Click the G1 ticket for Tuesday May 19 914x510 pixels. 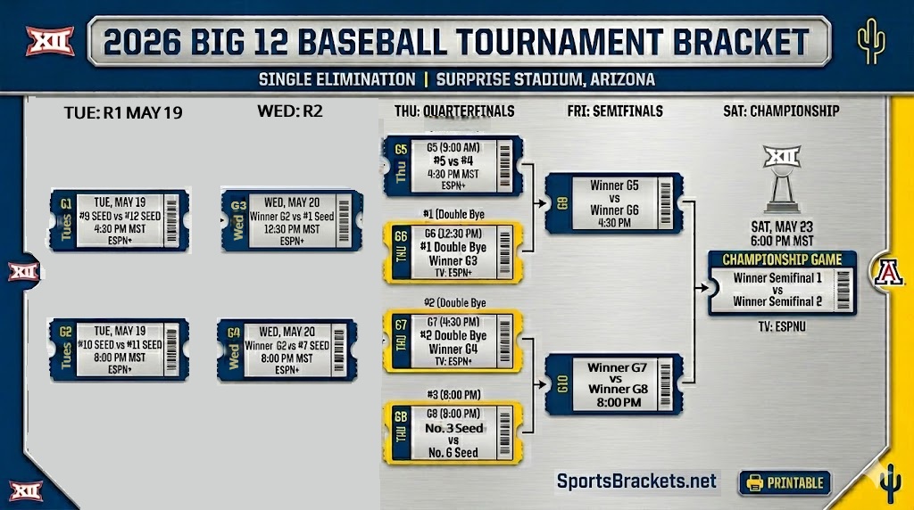[x=120, y=220]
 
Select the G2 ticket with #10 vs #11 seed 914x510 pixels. [x=120, y=350]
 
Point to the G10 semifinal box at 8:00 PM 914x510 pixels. [x=614, y=384]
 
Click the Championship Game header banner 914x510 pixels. [x=781, y=259]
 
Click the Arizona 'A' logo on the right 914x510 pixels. [x=890, y=271]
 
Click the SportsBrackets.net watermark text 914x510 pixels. [x=636, y=481]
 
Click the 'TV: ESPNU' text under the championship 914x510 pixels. [x=781, y=327]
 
